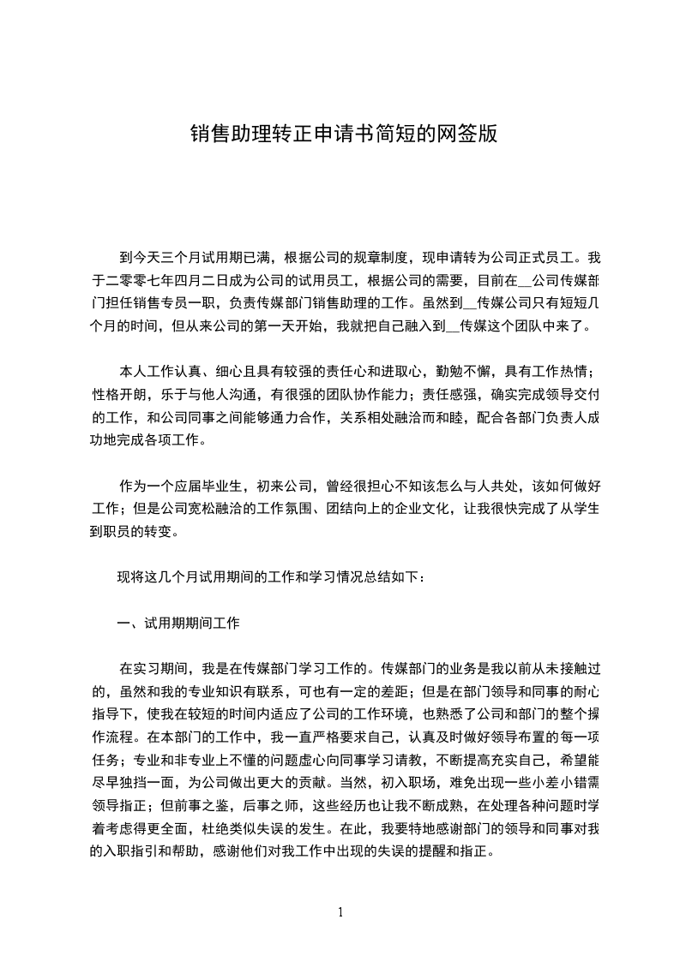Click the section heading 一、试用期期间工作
click(x=178, y=624)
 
